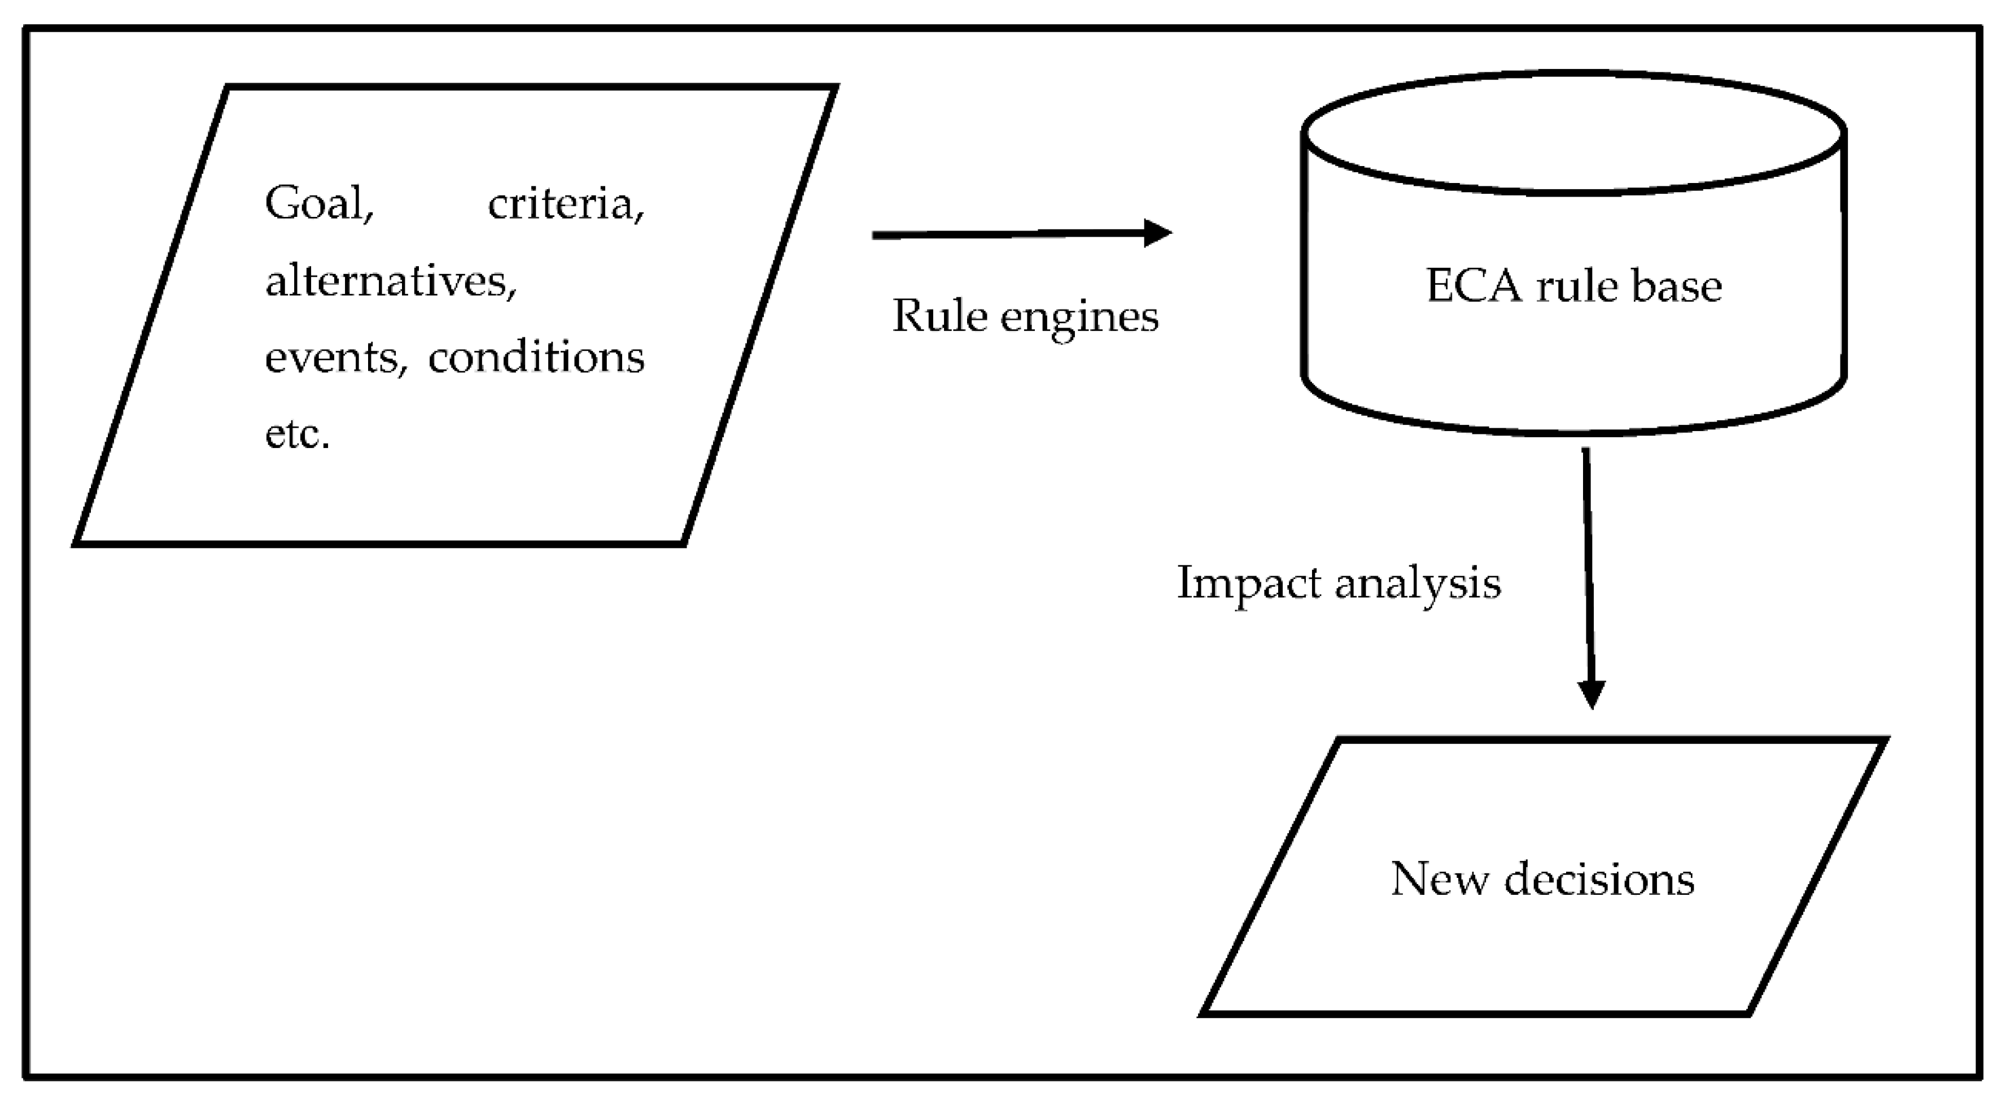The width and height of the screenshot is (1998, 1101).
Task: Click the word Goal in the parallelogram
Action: tap(318, 204)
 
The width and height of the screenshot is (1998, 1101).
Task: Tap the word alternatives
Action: tap(390, 281)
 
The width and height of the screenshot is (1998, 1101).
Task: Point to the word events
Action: tap(335, 358)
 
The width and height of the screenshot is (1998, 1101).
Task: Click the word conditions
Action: tap(536, 358)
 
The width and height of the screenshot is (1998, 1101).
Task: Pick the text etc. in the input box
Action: tap(297, 434)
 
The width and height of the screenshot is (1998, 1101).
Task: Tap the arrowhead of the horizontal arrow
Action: tap(1158, 233)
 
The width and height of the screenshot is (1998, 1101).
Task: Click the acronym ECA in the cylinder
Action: tap(1474, 285)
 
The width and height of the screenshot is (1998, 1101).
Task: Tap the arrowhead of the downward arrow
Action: tap(1592, 694)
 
